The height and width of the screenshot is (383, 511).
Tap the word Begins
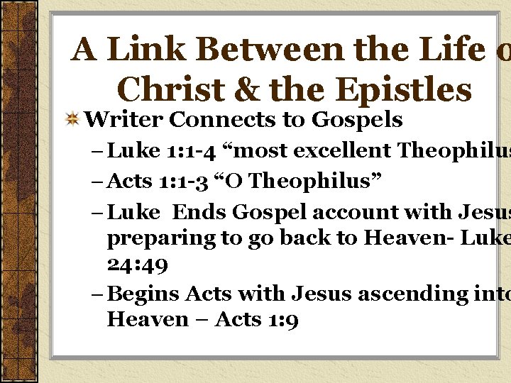point(145,292)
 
